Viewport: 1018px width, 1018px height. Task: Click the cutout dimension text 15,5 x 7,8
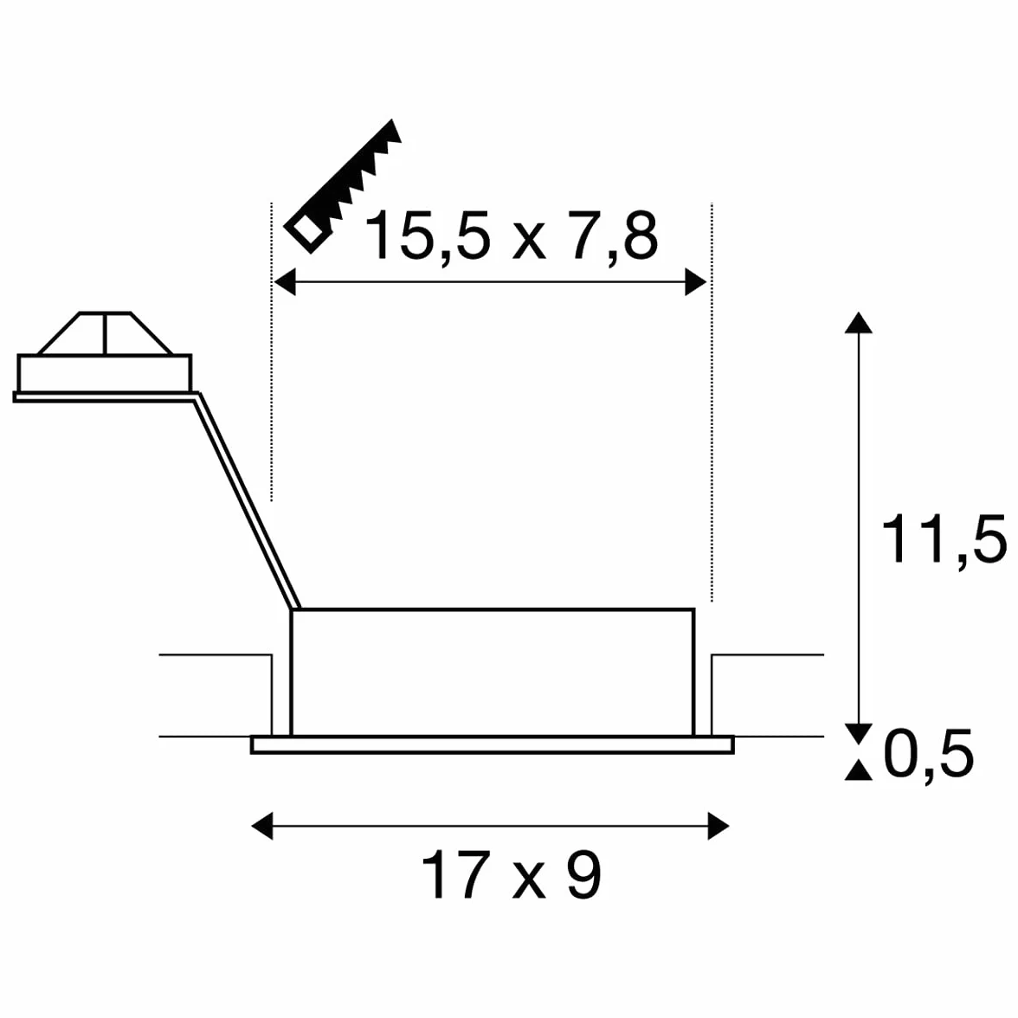[512, 235]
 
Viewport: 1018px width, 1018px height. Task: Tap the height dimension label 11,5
[944, 538]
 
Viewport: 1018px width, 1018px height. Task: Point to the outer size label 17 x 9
[512, 875]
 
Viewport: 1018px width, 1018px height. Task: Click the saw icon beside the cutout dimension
[343, 185]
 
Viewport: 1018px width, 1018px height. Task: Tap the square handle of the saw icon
[307, 230]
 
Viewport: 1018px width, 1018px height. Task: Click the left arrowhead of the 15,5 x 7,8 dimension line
[284, 282]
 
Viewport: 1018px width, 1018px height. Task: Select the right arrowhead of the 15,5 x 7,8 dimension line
[696, 282]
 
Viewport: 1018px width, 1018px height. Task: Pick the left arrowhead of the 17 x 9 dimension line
[262, 826]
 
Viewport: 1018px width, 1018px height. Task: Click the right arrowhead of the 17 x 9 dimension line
[718, 826]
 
